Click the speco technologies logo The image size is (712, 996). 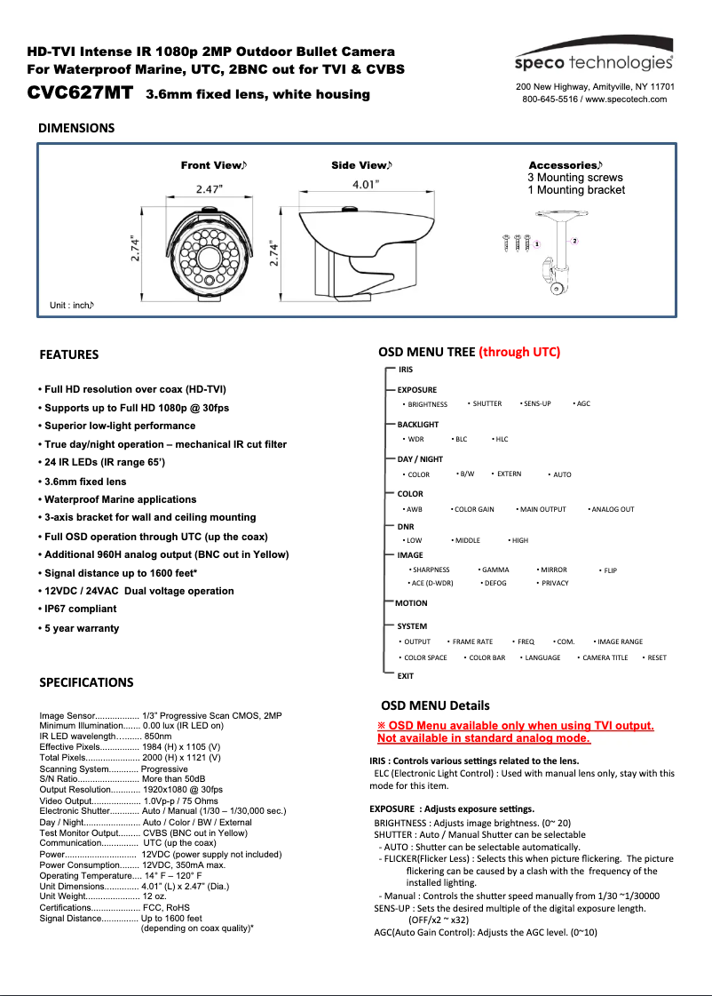click(x=594, y=61)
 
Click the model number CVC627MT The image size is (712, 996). click(x=80, y=92)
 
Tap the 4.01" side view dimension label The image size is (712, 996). click(x=364, y=184)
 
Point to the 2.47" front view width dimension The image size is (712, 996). click(x=210, y=188)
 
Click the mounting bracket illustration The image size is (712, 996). click(x=558, y=249)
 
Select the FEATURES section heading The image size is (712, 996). click(x=69, y=355)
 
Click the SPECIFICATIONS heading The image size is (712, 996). click(x=86, y=682)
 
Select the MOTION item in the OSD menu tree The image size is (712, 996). click(x=411, y=603)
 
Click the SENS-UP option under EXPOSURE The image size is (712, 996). click(x=537, y=403)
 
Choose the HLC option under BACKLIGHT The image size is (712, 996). click(x=502, y=439)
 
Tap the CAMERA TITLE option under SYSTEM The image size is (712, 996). click(x=605, y=657)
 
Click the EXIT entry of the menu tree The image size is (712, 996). click(x=405, y=676)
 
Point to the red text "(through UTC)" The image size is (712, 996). click(x=519, y=352)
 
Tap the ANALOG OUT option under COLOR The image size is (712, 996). click(x=613, y=509)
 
